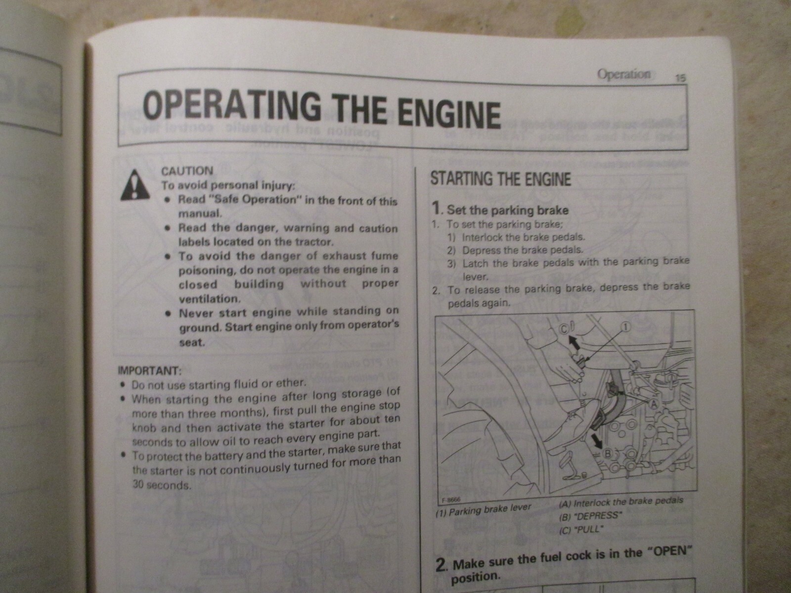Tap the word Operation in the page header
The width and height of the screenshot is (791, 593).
[624, 75]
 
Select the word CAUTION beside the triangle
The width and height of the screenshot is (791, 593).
[187, 171]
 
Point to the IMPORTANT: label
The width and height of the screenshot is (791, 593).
[149, 370]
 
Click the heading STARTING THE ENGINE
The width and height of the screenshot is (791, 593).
[500, 179]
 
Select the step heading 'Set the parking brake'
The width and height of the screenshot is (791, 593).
[507, 210]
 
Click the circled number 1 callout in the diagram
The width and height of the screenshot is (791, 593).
[625, 327]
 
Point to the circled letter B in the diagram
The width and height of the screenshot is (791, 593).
[609, 453]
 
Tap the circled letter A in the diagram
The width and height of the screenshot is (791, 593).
[653, 405]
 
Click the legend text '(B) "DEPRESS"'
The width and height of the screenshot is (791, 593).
[589, 516]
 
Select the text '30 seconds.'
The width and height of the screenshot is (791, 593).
[161, 485]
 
